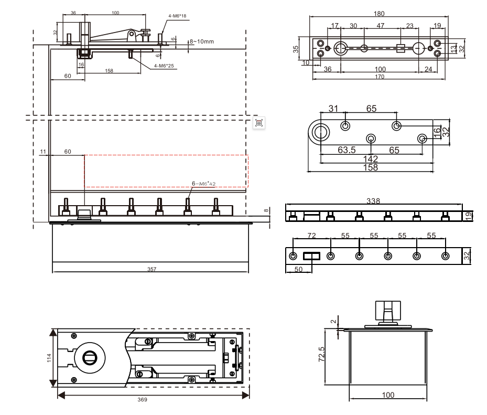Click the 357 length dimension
point(152,269)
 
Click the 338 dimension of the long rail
point(374,201)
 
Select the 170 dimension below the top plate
point(379,77)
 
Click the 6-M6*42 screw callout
point(204,184)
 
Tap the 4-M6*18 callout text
point(177,16)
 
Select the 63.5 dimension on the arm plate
point(347,150)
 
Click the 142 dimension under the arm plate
point(371,159)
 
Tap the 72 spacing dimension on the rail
point(311,236)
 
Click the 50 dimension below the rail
point(298,269)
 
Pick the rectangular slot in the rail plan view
point(312,256)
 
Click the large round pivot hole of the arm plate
point(320,132)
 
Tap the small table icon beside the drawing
point(258,123)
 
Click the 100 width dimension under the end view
point(388,395)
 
